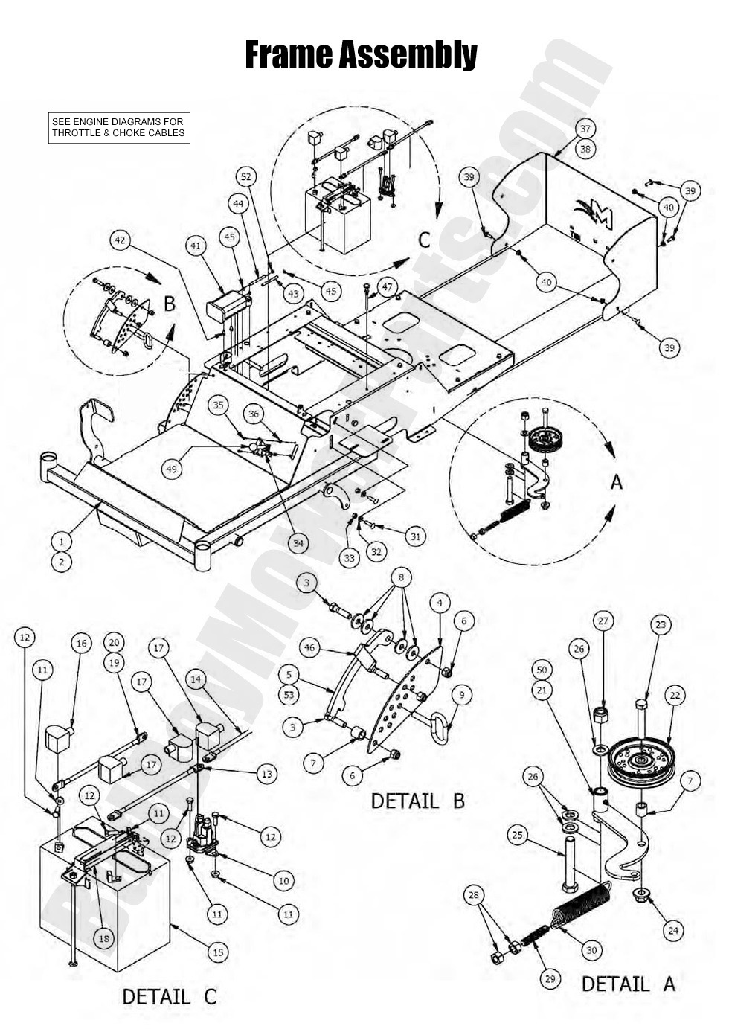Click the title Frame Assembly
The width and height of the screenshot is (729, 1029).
(361, 54)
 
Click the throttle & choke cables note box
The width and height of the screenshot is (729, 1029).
(118, 127)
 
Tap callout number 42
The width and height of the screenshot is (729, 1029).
(122, 240)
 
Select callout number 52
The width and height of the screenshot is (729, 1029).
(247, 177)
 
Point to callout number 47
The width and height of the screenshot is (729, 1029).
(387, 287)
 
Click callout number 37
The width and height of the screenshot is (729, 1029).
(585, 129)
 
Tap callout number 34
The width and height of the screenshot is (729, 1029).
(298, 543)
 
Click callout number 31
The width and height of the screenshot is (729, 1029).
(415, 535)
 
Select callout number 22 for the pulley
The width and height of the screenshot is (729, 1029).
(675, 696)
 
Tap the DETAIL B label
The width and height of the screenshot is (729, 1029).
(417, 801)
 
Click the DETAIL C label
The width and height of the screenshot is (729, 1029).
(169, 996)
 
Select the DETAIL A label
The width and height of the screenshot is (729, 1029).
(628, 984)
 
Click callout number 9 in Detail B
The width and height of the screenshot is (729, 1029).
(462, 695)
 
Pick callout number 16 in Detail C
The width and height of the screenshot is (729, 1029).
(81, 644)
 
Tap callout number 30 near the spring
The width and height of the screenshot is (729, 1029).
(591, 950)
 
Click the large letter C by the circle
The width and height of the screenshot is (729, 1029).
(424, 240)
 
